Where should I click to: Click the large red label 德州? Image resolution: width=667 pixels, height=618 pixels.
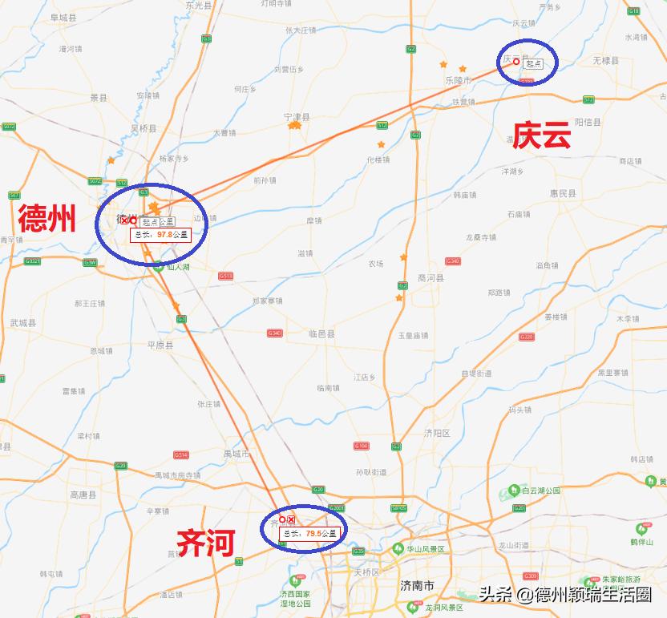pos(47,217)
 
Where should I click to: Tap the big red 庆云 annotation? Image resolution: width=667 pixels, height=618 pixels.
pos(542,135)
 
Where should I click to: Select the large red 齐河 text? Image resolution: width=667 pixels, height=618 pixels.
pos(205,543)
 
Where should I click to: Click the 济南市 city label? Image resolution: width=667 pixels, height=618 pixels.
pos(417,585)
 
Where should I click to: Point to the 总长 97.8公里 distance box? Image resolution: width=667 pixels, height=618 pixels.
pos(161,235)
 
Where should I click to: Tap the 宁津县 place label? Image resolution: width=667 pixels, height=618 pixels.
pos(297,117)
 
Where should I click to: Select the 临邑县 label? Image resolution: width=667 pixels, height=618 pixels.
pos(321,333)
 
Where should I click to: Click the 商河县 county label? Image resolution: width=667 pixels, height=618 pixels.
pos(431,278)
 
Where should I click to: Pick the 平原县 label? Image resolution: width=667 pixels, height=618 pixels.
pos(160,345)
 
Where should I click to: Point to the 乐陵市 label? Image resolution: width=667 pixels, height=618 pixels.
pos(458,81)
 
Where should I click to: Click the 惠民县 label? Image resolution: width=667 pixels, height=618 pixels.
pos(563,194)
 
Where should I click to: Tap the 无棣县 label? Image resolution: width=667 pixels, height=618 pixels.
pos(605,61)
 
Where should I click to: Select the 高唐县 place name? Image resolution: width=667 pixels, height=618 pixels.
pos(83,495)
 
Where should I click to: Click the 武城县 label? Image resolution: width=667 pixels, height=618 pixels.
pos(23,322)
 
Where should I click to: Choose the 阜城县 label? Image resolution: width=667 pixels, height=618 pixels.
pos(63,17)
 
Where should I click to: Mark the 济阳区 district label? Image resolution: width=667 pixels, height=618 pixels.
pos(437,433)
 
